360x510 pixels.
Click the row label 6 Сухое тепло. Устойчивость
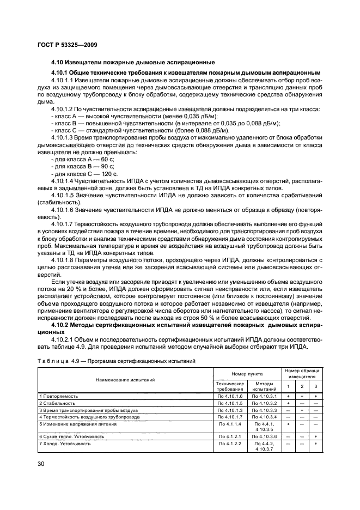(73, 436)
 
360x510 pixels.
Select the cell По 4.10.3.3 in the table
(264, 410)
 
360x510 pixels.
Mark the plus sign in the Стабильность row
(288, 403)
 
